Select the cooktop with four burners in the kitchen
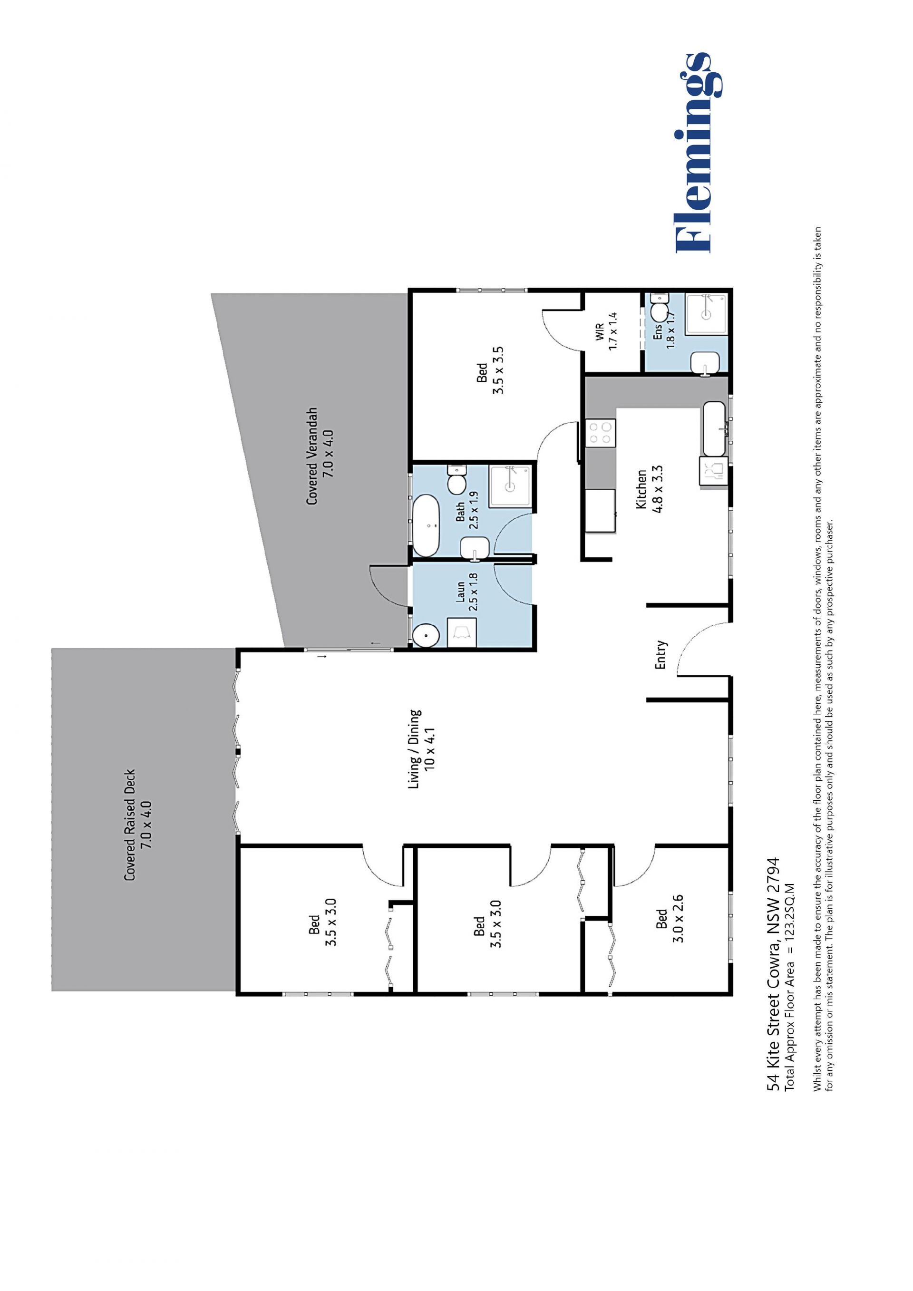(601, 434)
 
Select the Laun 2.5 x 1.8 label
(466, 592)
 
